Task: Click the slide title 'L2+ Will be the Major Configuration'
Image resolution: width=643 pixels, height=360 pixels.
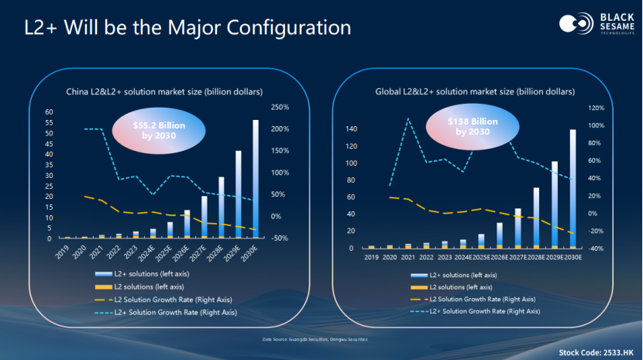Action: [187, 28]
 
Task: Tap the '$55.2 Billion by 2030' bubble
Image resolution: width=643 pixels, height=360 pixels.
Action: [155, 130]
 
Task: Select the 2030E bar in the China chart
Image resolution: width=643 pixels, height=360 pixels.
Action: [255, 179]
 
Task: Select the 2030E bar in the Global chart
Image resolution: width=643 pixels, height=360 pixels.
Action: [573, 189]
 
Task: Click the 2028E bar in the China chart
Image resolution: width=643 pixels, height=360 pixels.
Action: [221, 207]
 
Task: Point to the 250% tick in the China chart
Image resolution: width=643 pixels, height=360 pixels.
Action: [279, 107]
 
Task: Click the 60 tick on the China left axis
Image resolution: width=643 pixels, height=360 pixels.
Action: [49, 111]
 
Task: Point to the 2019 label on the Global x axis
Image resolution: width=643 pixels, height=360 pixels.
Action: [371, 257]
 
